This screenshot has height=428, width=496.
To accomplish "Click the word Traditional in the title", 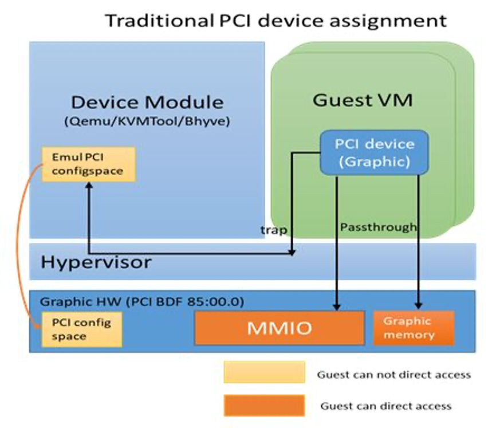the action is coord(159,21).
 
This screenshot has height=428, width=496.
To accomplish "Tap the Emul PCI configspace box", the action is coord(89,164).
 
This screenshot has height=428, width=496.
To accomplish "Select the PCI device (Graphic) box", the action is coord(374,152).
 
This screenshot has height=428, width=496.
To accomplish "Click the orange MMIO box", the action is coord(280,328).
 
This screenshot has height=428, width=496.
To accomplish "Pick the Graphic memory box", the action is coord(414,328).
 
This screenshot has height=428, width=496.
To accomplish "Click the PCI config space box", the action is coord(82,329).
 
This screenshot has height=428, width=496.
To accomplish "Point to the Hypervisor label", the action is coord(96,262).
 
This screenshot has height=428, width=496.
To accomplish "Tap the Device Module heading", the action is coord(147,102).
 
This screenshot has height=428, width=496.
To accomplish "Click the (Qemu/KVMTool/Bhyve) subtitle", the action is coord(147,121).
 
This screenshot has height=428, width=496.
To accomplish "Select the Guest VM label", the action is coord(363,100).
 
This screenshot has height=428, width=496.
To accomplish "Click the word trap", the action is coord(274,230).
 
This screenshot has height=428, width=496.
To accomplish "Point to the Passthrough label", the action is coord(379,227).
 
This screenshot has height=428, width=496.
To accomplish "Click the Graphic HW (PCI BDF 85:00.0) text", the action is coord(142,301).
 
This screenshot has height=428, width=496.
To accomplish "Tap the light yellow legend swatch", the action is coord(265,372).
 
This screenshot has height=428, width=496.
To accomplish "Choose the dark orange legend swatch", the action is coord(265,405).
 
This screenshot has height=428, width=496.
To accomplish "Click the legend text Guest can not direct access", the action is coord(394,375).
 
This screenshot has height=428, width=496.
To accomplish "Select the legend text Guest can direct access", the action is coord(385,406).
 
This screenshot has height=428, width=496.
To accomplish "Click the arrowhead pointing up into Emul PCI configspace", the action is coord(89,185).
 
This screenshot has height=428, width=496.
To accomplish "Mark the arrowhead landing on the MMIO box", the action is coord(337,307).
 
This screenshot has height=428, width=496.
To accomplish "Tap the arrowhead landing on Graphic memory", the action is coord(418,306).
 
